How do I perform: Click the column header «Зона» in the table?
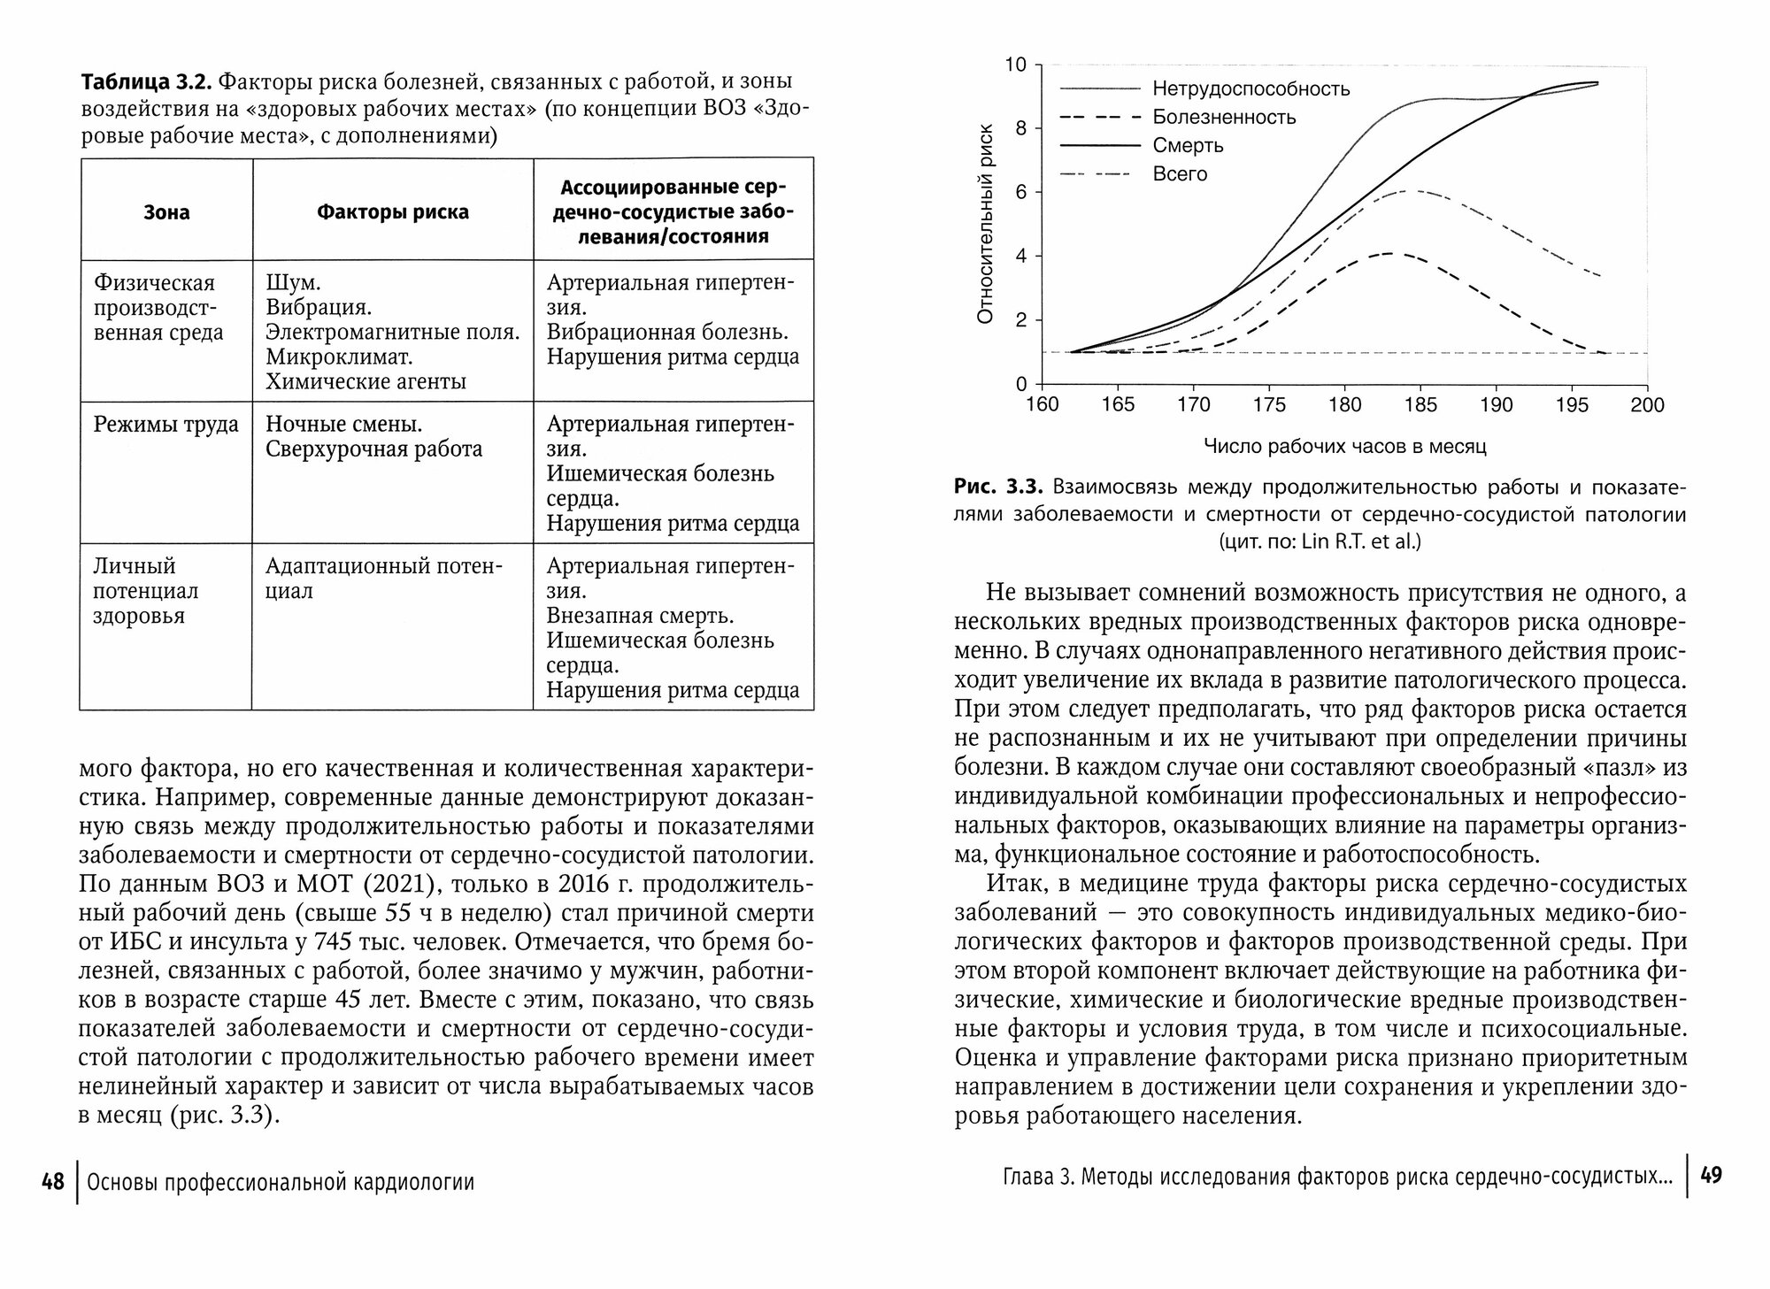click(166, 212)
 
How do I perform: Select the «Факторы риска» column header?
click(393, 212)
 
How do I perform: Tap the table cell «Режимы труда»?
click(166, 425)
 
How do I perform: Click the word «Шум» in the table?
click(291, 283)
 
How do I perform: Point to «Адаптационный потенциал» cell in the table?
click(383, 579)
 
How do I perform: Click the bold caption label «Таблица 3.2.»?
click(144, 82)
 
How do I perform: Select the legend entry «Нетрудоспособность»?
click(1251, 89)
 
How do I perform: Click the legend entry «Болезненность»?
click(1224, 118)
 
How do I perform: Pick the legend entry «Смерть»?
click(1188, 146)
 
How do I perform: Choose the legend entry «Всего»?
click(1180, 174)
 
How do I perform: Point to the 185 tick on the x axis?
click(1420, 405)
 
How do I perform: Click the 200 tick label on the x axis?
click(1647, 405)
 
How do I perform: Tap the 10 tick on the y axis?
click(1015, 65)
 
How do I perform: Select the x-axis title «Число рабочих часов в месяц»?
click(1344, 447)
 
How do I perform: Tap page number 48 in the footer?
click(53, 1181)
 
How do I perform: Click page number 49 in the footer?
click(1712, 1176)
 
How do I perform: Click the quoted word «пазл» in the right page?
click(1613, 768)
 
